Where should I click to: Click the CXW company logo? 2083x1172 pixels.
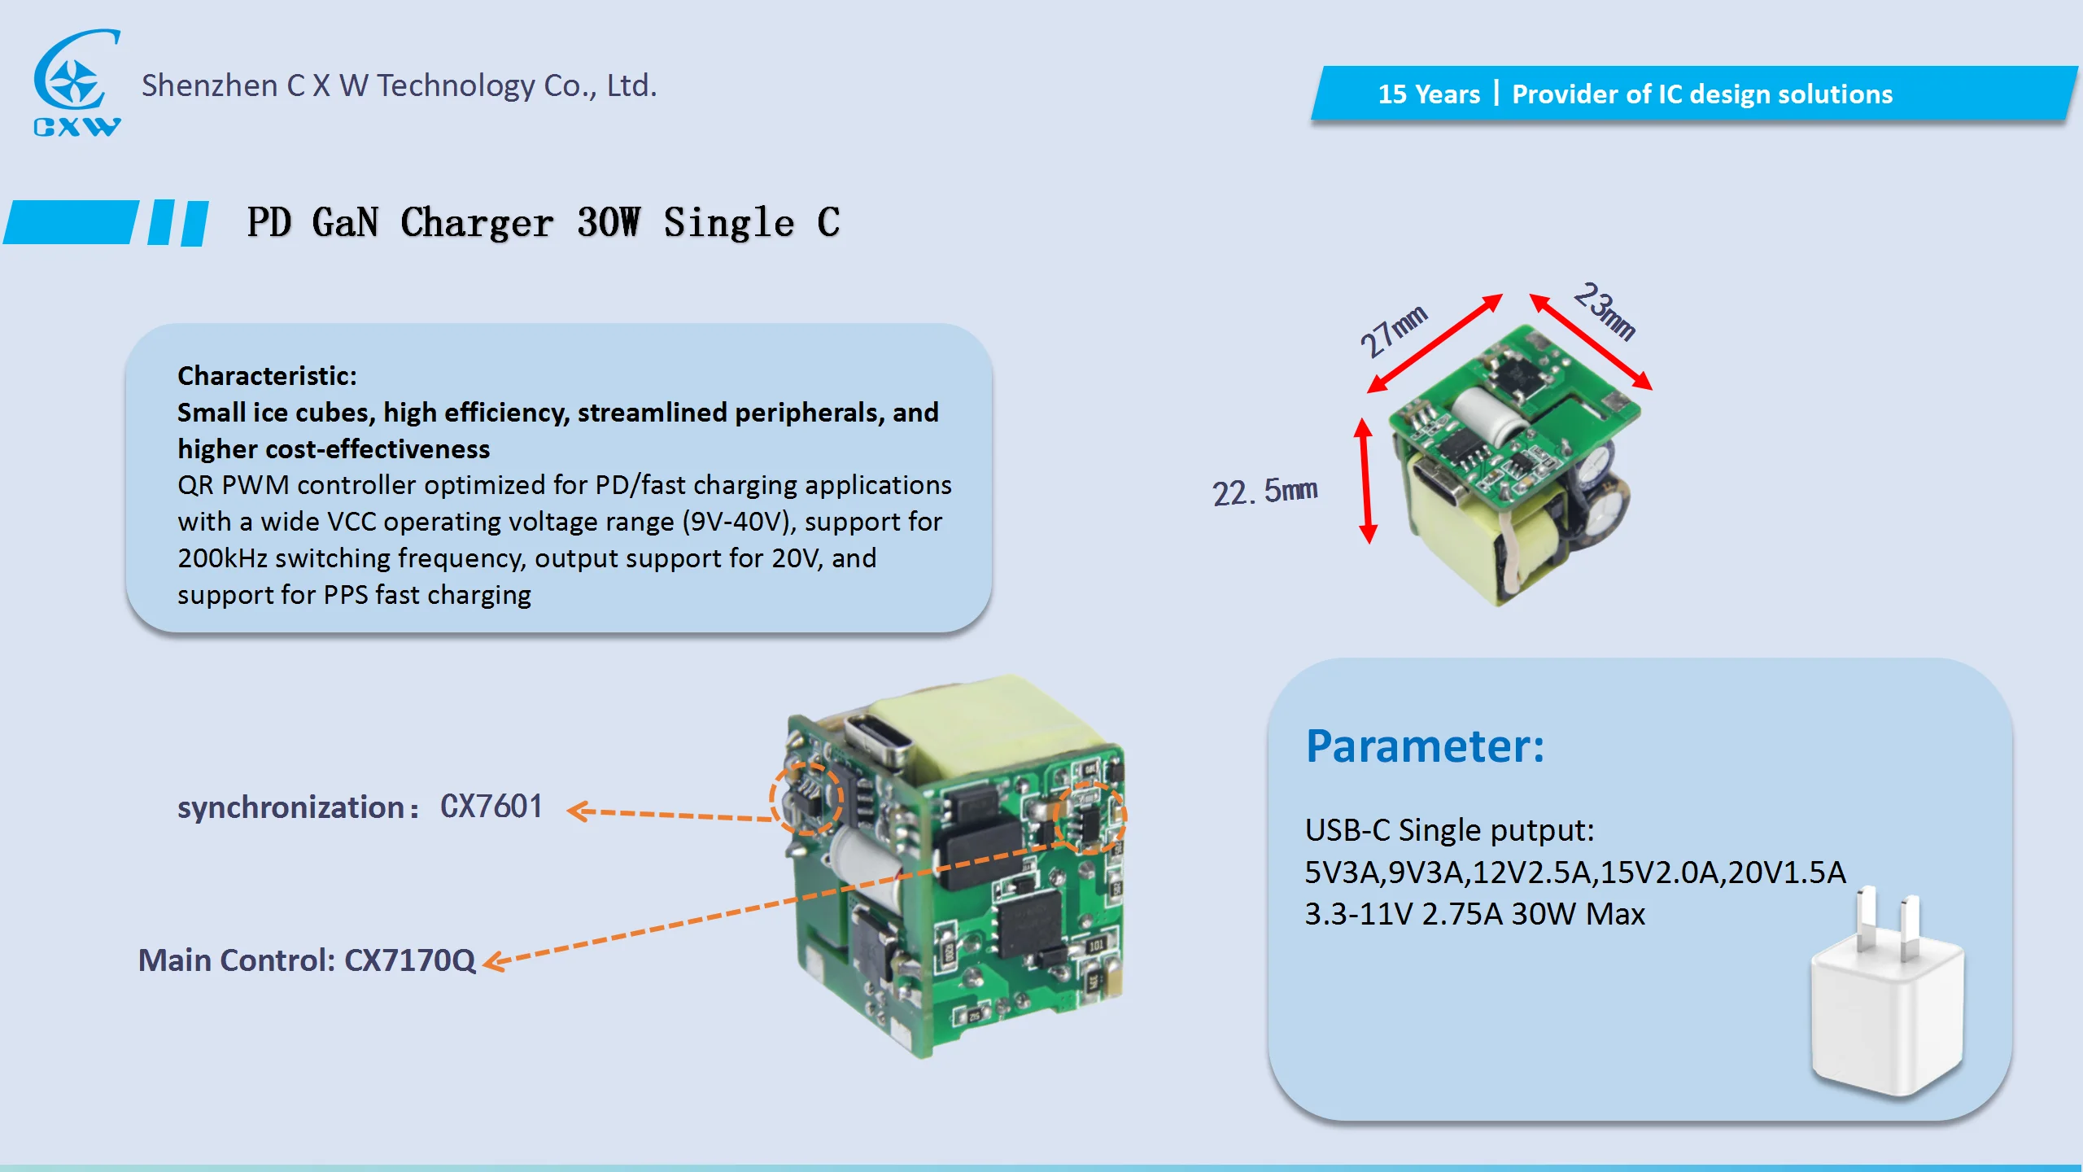click(76, 81)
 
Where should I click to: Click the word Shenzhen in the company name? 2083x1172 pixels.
click(209, 85)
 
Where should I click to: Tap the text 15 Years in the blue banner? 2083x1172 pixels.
click(1428, 94)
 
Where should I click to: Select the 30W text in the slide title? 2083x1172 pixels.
click(608, 222)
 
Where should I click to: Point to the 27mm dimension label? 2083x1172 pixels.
click(1393, 330)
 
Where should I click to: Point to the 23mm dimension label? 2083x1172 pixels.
click(1605, 310)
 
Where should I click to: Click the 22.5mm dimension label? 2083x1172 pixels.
click(1264, 492)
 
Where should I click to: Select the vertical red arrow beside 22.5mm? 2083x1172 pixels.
click(1366, 480)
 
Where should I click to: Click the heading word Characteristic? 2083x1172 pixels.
click(267, 376)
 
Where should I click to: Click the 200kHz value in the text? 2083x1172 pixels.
click(222, 558)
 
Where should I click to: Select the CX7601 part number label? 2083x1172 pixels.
click(491, 807)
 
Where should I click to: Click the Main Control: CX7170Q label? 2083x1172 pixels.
click(306, 960)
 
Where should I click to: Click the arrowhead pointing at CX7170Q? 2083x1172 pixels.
click(493, 962)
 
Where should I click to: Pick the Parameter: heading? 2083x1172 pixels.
click(1424, 746)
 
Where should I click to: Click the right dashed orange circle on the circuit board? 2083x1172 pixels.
click(1090, 817)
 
